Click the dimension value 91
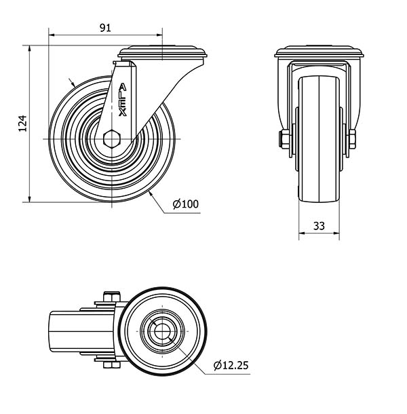105,27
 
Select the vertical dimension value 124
22,124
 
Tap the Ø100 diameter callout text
186,204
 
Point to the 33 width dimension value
319,226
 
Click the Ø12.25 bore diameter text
231,365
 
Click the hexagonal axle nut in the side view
112,138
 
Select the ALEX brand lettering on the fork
123,100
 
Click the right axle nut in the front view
352,139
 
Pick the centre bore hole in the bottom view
162,331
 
